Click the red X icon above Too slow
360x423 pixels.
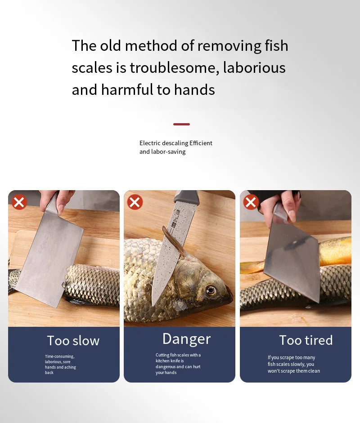click(x=19, y=202)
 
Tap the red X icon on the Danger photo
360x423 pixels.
click(x=135, y=202)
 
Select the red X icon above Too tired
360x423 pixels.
click(x=251, y=202)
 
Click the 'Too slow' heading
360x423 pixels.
click(x=73, y=341)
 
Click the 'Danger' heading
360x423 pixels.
click(x=186, y=339)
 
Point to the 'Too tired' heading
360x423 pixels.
click(x=306, y=340)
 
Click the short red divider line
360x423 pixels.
click(x=181, y=124)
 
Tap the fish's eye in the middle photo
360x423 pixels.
click(x=211, y=290)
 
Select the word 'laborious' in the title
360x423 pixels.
click(x=254, y=68)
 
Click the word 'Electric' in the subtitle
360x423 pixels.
click(x=150, y=143)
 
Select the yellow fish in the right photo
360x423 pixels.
click(x=335, y=252)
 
